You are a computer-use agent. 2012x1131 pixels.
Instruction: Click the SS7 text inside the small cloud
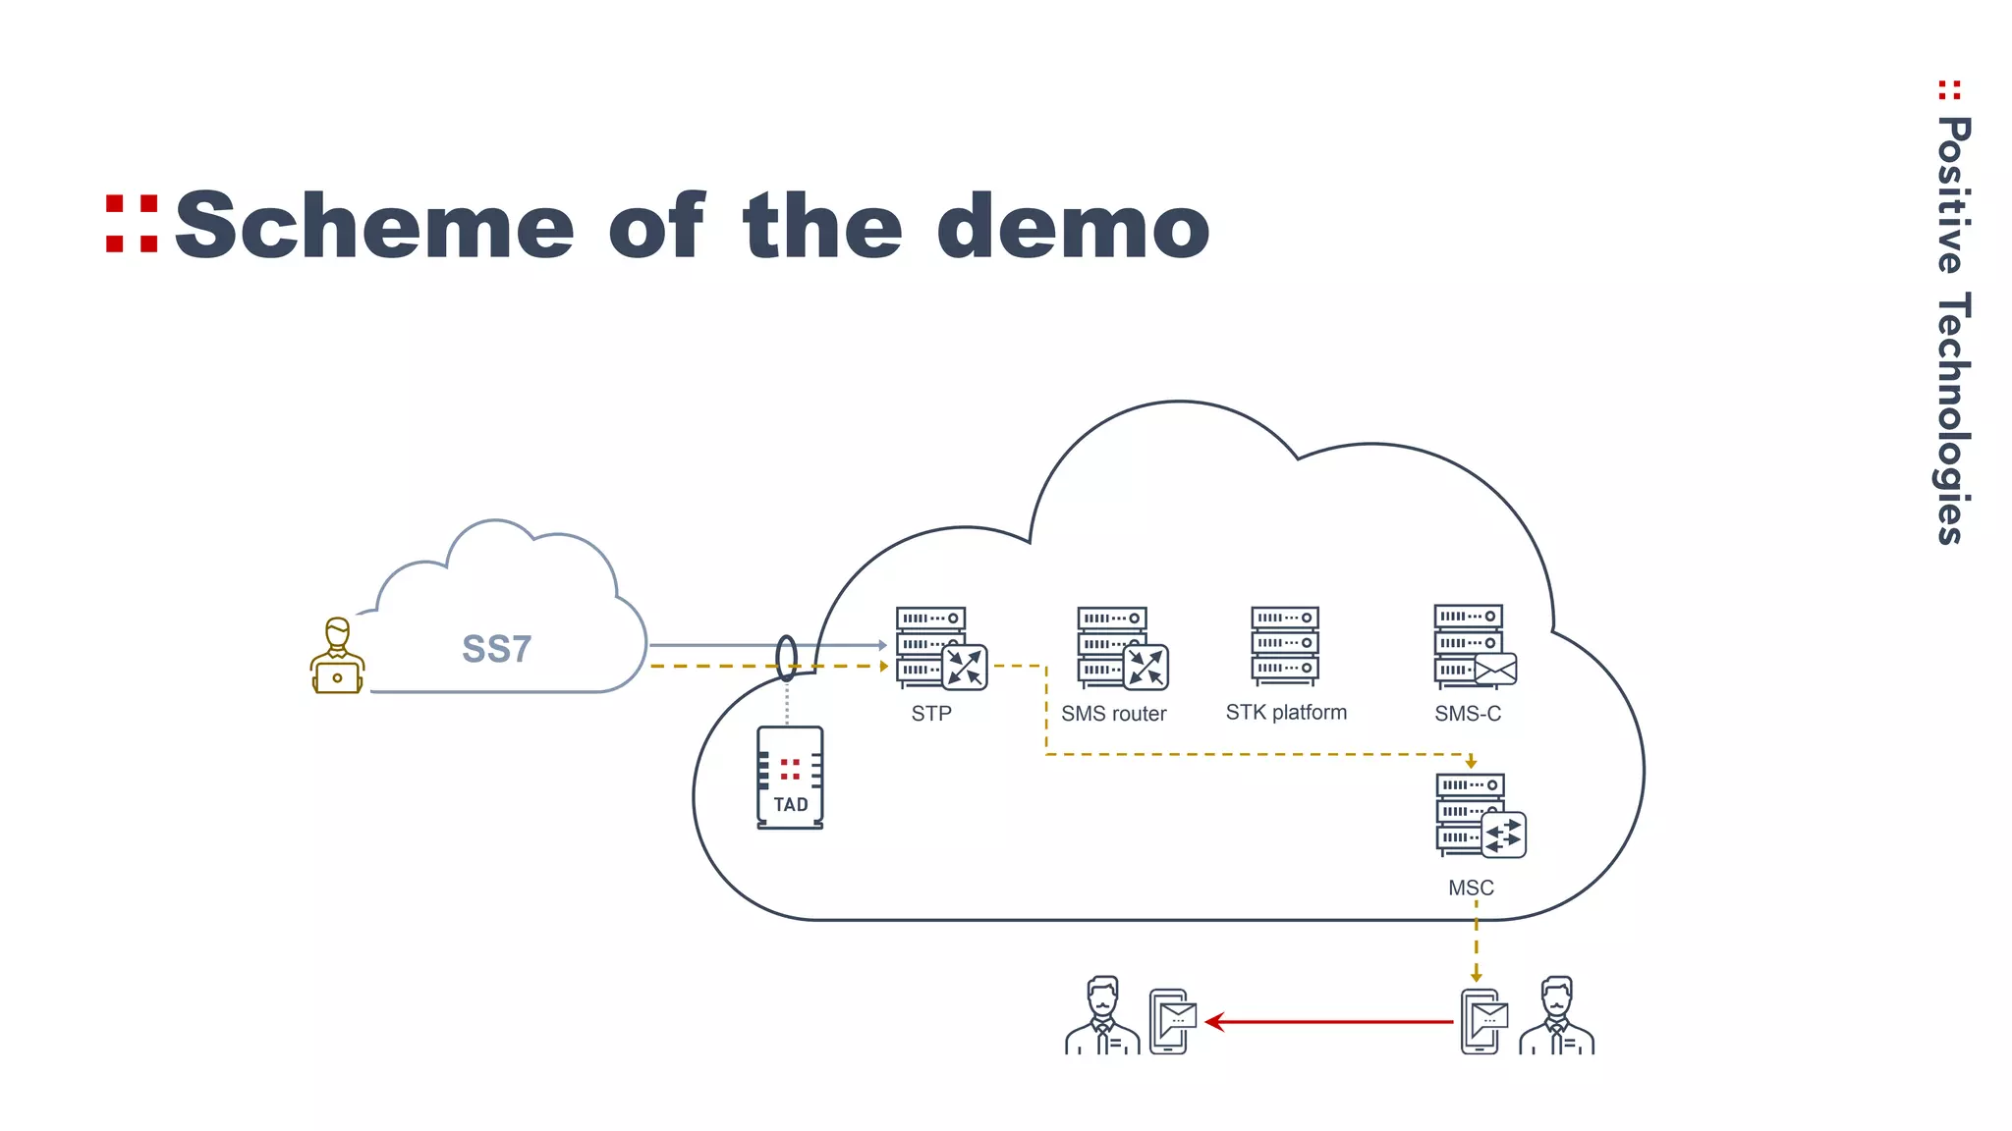click(x=496, y=650)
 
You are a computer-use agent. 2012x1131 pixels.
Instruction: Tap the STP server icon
click(x=938, y=648)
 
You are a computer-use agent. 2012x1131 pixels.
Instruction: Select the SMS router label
click(x=1113, y=714)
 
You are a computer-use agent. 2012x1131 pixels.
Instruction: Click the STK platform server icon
click(x=1285, y=645)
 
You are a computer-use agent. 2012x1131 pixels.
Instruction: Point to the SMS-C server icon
click(x=1472, y=646)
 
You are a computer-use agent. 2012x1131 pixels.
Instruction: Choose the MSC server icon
click(x=1477, y=816)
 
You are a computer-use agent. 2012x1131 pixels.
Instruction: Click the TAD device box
click(x=790, y=778)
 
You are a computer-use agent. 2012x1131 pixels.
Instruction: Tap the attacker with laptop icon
click(x=337, y=657)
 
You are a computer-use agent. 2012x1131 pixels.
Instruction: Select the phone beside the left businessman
click(x=1171, y=1021)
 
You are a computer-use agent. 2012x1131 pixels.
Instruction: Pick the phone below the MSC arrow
click(x=1482, y=1021)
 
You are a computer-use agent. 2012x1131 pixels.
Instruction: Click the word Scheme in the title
click(x=374, y=227)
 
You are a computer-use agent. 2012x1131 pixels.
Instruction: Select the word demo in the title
click(x=1073, y=227)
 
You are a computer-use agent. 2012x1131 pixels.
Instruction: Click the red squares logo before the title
click(x=132, y=225)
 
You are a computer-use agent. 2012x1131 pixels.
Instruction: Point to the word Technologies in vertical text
click(x=1953, y=418)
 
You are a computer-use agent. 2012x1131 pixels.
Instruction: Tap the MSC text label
click(x=1471, y=888)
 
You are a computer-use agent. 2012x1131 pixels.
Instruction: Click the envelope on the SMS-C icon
click(x=1495, y=670)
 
